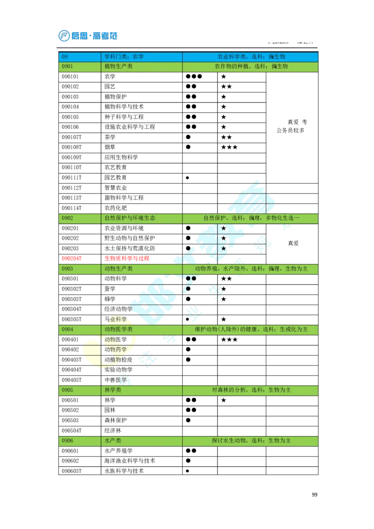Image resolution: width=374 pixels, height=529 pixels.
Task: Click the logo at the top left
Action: pyautogui.click(x=87, y=36)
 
